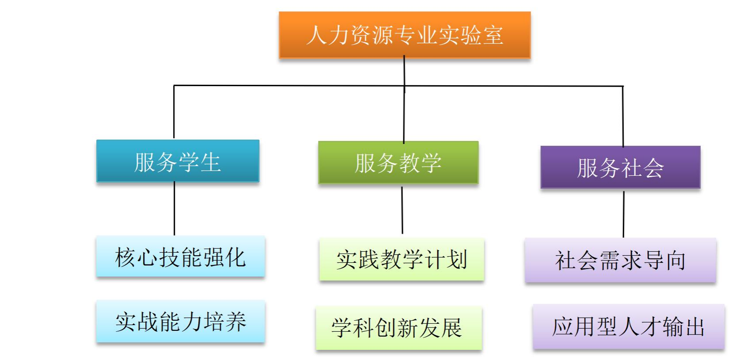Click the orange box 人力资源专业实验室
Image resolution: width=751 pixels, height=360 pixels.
tap(404, 35)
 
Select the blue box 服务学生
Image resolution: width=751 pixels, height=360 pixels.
tap(178, 161)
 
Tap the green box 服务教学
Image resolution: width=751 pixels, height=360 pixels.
tap(398, 162)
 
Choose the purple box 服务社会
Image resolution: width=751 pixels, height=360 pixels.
tap(620, 167)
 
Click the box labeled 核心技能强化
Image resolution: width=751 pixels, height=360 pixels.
tap(180, 257)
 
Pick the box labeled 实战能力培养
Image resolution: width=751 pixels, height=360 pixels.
tap(180, 321)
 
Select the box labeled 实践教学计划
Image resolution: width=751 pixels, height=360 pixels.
tap(402, 259)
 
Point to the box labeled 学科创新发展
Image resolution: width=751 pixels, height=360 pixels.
tap(398, 328)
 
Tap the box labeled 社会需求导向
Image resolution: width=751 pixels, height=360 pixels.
tap(620, 260)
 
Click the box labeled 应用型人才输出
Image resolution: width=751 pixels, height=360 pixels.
tap(628, 327)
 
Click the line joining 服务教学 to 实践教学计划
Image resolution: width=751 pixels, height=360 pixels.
tap(402, 210)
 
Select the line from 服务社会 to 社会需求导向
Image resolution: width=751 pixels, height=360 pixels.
tap(623, 214)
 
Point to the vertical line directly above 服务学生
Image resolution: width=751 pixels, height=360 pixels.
tap(174, 113)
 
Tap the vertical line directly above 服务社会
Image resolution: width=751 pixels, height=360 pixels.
tap(623, 116)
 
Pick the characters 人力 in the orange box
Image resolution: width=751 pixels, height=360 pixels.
tap(327, 35)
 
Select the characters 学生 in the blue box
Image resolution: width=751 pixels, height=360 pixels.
tap(199, 162)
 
